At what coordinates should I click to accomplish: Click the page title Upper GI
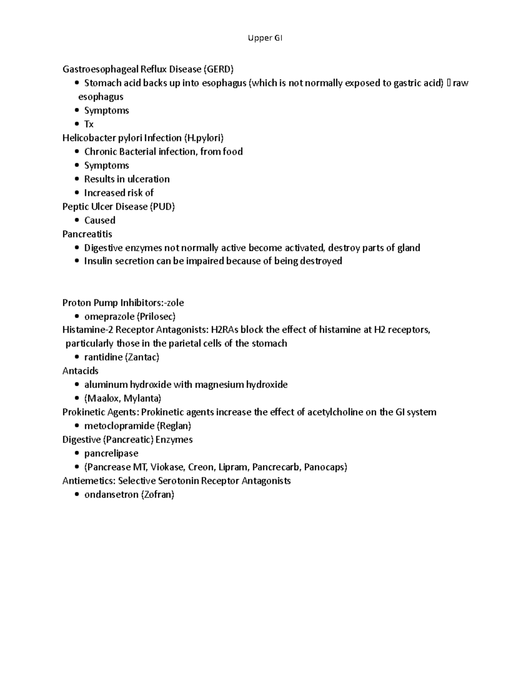(x=265, y=38)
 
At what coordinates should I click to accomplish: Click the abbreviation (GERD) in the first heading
(x=218, y=69)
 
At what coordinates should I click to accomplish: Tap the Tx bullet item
(x=89, y=124)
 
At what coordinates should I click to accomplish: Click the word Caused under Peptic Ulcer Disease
(x=100, y=220)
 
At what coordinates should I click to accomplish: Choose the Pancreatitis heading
(x=87, y=234)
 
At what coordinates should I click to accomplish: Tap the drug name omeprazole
(x=109, y=317)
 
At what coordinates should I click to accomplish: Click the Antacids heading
(x=81, y=371)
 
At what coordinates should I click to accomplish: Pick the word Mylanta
(x=142, y=399)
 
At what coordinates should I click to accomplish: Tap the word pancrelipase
(x=112, y=453)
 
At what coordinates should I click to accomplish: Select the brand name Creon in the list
(x=200, y=467)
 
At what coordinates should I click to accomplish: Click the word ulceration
(x=148, y=179)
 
